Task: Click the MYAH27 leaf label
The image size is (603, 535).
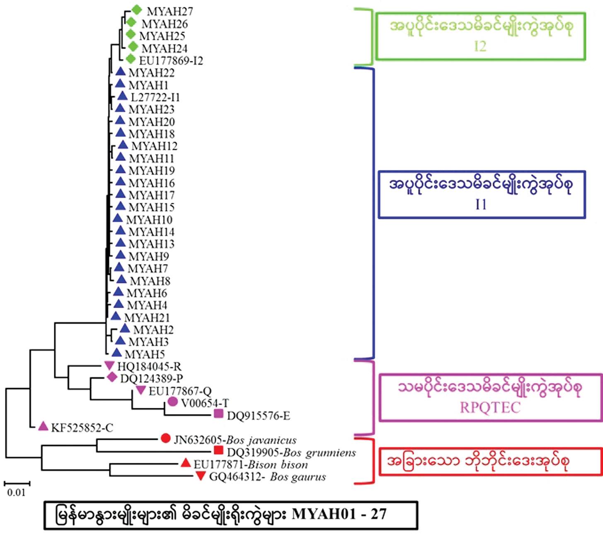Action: click(170, 11)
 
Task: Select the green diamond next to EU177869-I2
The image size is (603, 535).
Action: click(131, 59)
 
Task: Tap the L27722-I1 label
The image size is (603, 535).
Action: click(155, 97)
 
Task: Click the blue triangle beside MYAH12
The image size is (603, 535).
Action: click(123, 145)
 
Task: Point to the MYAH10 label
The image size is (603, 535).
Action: click(149, 219)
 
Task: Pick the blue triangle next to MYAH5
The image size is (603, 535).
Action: click(117, 353)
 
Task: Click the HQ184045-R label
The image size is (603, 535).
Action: click(149, 366)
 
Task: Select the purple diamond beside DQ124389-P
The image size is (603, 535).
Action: click(111, 377)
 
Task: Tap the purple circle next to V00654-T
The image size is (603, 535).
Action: click(173, 402)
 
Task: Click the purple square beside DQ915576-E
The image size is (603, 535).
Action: click(218, 414)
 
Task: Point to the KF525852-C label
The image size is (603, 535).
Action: click(82, 428)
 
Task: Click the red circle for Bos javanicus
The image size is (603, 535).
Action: click(165, 438)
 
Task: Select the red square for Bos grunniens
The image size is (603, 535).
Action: click(218, 451)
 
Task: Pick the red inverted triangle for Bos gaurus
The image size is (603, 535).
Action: click(201, 477)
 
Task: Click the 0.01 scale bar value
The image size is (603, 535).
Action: click(16, 493)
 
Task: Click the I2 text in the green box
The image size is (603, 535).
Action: click(480, 46)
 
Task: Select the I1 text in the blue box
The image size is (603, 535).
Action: click(481, 204)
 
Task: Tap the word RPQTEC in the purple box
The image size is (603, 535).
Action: click(490, 407)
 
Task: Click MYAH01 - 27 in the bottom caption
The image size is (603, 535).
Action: click(339, 514)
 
